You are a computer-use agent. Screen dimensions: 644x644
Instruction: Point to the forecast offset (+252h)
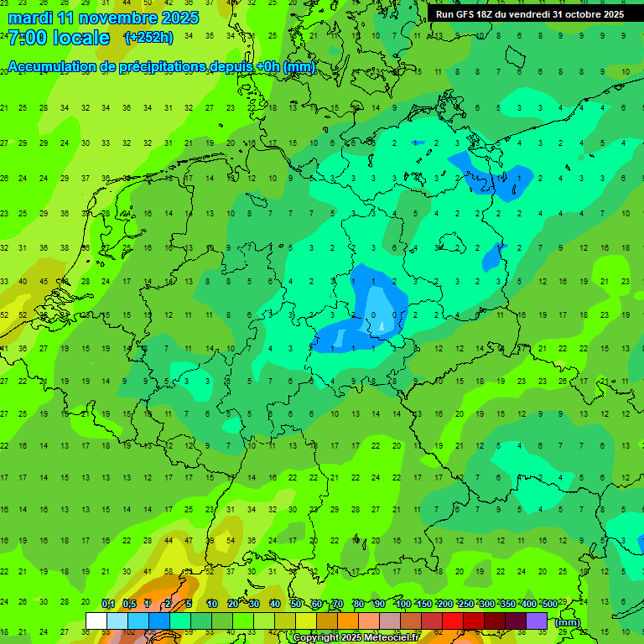pos(148,38)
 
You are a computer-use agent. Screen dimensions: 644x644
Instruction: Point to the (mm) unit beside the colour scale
pos(568,622)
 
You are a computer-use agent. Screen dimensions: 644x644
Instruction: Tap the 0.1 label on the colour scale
pos(107,605)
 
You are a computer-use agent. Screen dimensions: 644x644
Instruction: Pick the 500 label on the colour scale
pos(549,605)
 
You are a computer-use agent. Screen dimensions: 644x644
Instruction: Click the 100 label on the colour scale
pos(403,605)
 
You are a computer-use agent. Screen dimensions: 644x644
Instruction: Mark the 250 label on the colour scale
pos(465,605)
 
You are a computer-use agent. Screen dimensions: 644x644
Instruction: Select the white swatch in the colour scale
pos(96,621)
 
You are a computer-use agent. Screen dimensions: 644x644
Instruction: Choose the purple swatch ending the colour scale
pos(537,621)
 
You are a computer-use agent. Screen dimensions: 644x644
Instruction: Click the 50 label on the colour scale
pos(296,605)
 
